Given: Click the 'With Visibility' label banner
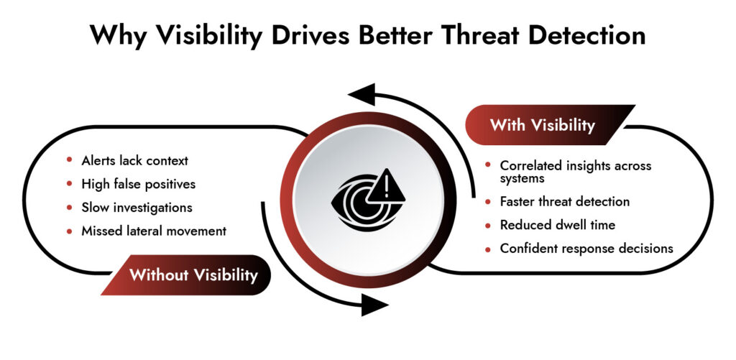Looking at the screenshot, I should pyautogui.click(x=543, y=125).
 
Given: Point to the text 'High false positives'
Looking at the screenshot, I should pyautogui.click(x=138, y=184).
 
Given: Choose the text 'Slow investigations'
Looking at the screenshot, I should pyautogui.click(x=137, y=207).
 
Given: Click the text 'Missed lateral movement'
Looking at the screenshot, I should pyautogui.click(x=154, y=231).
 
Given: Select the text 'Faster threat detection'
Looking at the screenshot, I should pyautogui.click(x=565, y=201).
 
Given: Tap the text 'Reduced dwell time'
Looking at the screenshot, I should pyautogui.click(x=558, y=225).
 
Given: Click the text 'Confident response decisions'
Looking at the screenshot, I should pyautogui.click(x=586, y=249).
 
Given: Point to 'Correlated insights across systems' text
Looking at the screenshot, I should pyautogui.click(x=575, y=172).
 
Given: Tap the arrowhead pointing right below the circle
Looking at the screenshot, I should pyautogui.click(x=373, y=305).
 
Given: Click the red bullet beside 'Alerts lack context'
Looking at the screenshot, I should pyautogui.click(x=70, y=160).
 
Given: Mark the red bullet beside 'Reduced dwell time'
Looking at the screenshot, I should pyautogui.click(x=488, y=225).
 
